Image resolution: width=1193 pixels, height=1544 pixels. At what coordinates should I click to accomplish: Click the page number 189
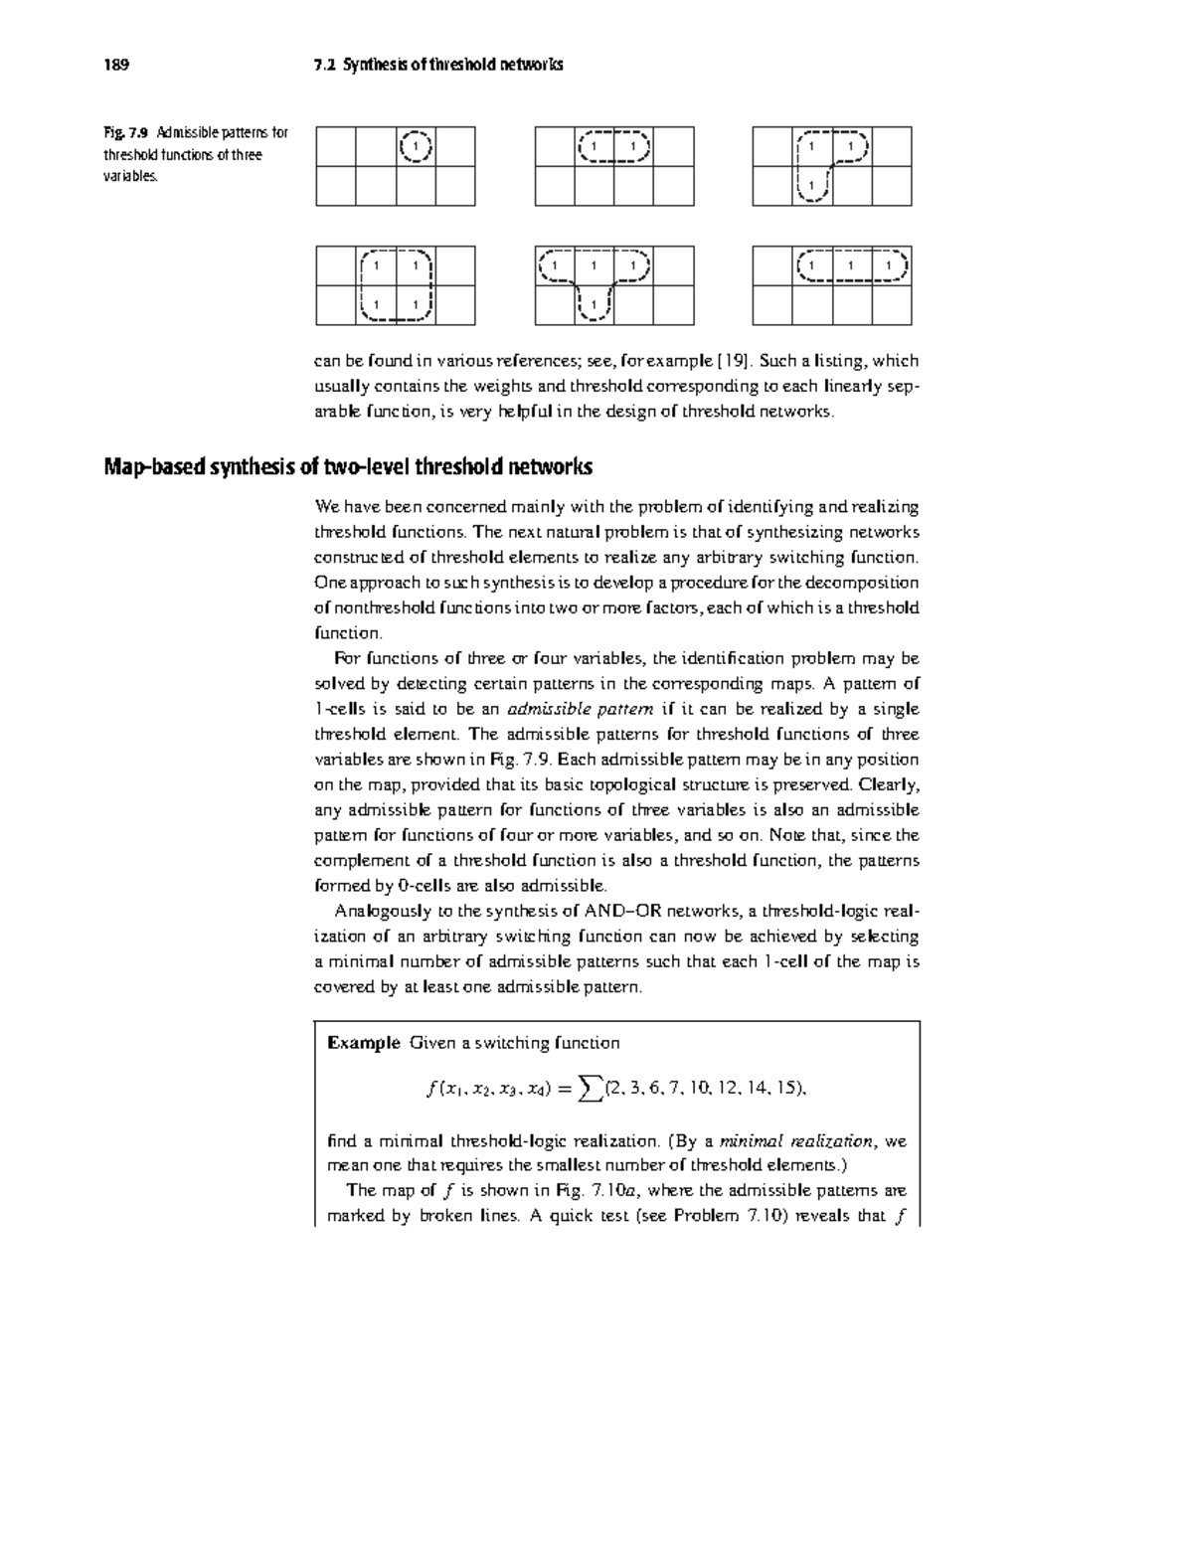(x=116, y=66)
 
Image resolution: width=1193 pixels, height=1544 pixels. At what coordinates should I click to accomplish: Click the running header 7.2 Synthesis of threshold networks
(x=437, y=66)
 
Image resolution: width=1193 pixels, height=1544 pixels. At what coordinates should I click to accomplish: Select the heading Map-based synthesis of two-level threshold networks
(x=348, y=466)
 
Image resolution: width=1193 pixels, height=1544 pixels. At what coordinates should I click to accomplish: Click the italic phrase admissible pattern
(x=580, y=709)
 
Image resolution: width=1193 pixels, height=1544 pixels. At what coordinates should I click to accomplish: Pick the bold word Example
(x=363, y=1043)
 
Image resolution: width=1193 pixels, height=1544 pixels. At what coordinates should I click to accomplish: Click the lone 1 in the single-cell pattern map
(x=416, y=147)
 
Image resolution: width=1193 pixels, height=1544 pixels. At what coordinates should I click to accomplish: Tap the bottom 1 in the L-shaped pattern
(x=812, y=185)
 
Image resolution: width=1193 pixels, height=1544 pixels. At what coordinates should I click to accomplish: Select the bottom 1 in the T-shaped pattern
(x=595, y=304)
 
